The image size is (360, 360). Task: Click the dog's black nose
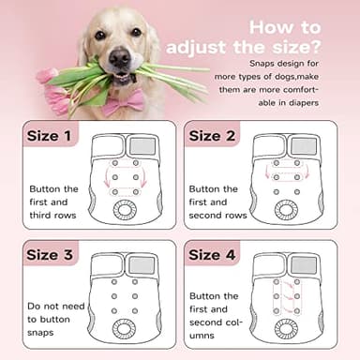tap(120, 56)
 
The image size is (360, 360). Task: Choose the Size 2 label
tap(218, 137)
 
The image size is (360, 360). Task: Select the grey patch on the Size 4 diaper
tap(302, 265)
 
